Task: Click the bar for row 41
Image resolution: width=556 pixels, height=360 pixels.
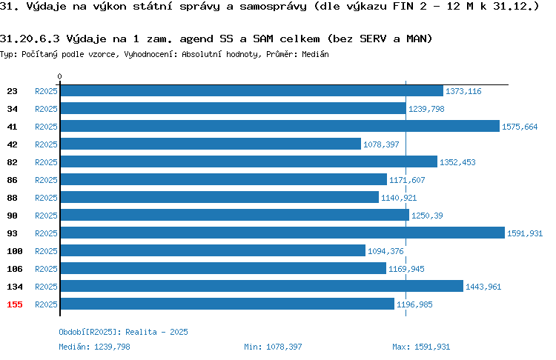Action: (279, 126)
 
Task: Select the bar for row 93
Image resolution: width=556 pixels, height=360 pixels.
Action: (282, 233)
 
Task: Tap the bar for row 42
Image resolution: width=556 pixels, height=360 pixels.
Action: (211, 144)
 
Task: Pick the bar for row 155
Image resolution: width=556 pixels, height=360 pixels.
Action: (228, 304)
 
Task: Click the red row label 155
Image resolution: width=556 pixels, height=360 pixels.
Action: (15, 304)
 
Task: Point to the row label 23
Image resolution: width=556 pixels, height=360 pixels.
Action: (12, 91)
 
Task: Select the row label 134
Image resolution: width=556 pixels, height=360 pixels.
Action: (15, 287)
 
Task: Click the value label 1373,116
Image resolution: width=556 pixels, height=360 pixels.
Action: (463, 91)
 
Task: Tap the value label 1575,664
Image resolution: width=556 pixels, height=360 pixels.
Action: (520, 127)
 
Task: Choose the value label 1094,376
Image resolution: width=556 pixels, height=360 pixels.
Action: (385, 251)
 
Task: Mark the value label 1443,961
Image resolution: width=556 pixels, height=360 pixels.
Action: (483, 287)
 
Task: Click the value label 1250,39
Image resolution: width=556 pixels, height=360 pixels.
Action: (427, 216)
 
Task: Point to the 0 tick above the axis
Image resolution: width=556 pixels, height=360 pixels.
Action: (59, 76)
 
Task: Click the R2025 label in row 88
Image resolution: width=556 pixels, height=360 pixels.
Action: (46, 198)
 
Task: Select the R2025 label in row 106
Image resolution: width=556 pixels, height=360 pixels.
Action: (46, 269)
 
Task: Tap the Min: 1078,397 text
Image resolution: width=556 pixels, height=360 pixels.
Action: (273, 347)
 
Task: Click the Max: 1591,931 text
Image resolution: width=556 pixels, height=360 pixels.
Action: (421, 347)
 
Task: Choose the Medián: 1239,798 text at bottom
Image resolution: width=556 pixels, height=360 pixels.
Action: (94, 347)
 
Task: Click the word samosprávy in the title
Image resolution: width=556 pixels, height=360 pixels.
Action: (273, 7)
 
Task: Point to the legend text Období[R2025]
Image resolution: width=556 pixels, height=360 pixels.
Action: (87, 332)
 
